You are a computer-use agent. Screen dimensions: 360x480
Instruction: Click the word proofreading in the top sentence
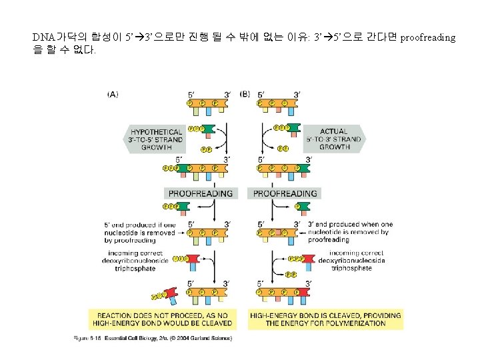coord(429,37)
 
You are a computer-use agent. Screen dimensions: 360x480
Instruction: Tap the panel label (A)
coord(113,95)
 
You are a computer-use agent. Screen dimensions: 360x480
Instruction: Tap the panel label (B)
coord(245,95)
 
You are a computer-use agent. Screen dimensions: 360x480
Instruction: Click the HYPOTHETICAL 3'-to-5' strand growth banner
coord(155,140)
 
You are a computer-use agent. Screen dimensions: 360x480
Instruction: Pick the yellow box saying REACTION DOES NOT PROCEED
coord(161,319)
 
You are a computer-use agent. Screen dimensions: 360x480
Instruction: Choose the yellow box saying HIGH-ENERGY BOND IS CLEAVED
coord(325,319)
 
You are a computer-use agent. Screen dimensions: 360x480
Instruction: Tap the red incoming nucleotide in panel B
coord(304,262)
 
